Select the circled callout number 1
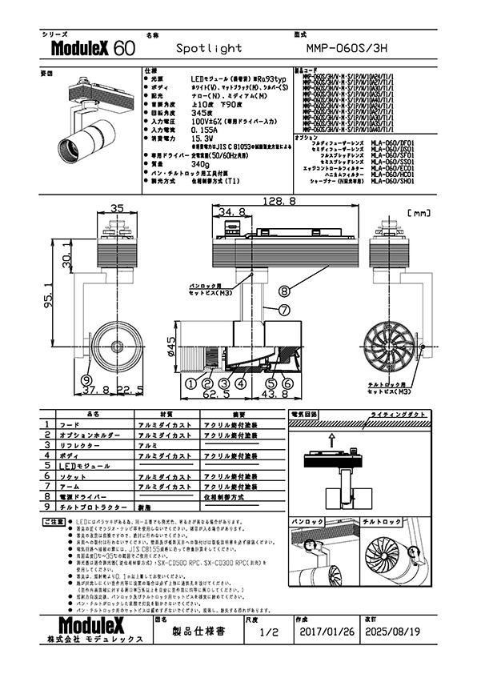pos(190,383)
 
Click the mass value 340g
pos(202,164)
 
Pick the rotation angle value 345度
pos(203,114)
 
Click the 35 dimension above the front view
pos(117,209)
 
